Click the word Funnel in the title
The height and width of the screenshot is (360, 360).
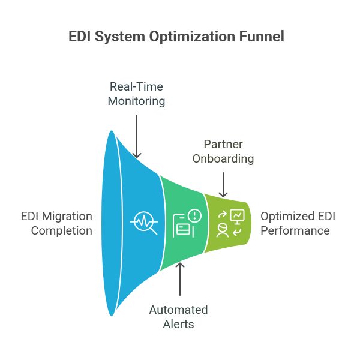click(x=263, y=37)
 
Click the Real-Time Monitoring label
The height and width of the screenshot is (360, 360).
click(x=136, y=94)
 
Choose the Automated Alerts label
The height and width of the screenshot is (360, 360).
click(x=178, y=317)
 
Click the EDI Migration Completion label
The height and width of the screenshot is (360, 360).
click(x=56, y=223)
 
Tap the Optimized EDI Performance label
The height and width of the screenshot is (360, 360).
click(x=295, y=223)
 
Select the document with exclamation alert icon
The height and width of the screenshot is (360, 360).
click(x=187, y=223)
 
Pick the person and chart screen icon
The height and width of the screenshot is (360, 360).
click(x=229, y=223)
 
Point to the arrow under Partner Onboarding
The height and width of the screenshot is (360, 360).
click(x=223, y=183)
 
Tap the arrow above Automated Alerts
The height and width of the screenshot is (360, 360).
click(x=180, y=282)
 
